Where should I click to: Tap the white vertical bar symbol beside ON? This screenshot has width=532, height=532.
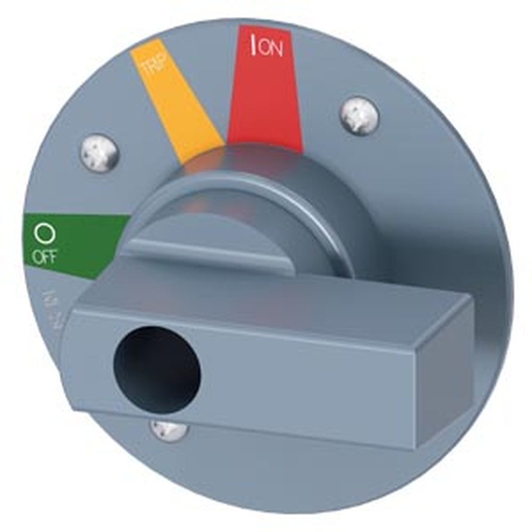coord(254,46)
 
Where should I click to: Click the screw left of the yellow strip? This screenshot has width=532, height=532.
coord(99,152)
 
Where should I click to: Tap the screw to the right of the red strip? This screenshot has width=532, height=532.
coord(360,115)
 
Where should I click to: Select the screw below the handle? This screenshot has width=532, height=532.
coord(168,429)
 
